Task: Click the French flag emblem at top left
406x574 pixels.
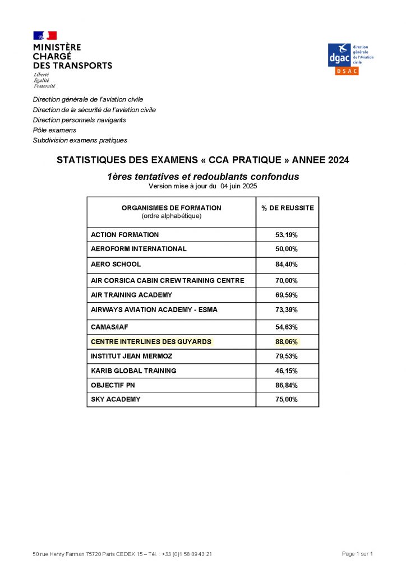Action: pos(45,35)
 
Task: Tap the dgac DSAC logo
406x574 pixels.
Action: pos(350,58)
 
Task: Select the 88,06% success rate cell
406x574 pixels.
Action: pos(287,341)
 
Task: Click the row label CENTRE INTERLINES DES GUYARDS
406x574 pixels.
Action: pos(151,341)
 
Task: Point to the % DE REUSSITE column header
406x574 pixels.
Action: pos(287,208)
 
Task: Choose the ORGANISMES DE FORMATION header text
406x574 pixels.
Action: pos(172,208)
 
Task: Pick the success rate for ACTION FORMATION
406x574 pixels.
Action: pos(287,235)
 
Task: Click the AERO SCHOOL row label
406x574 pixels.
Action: pos(116,264)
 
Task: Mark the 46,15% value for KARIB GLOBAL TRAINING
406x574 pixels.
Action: pos(287,371)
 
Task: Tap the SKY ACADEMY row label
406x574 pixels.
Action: pos(116,400)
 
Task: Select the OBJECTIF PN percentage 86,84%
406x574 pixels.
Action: pos(287,385)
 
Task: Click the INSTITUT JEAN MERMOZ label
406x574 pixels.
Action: pos(131,356)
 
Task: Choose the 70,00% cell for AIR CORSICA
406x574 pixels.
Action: pos(287,280)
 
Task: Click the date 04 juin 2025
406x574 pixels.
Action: pos(239,186)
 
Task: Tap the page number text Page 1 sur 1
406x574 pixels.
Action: pos(357,554)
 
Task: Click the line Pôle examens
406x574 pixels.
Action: pos(54,130)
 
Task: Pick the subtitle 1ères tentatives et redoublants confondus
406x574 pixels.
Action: pos(203,177)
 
